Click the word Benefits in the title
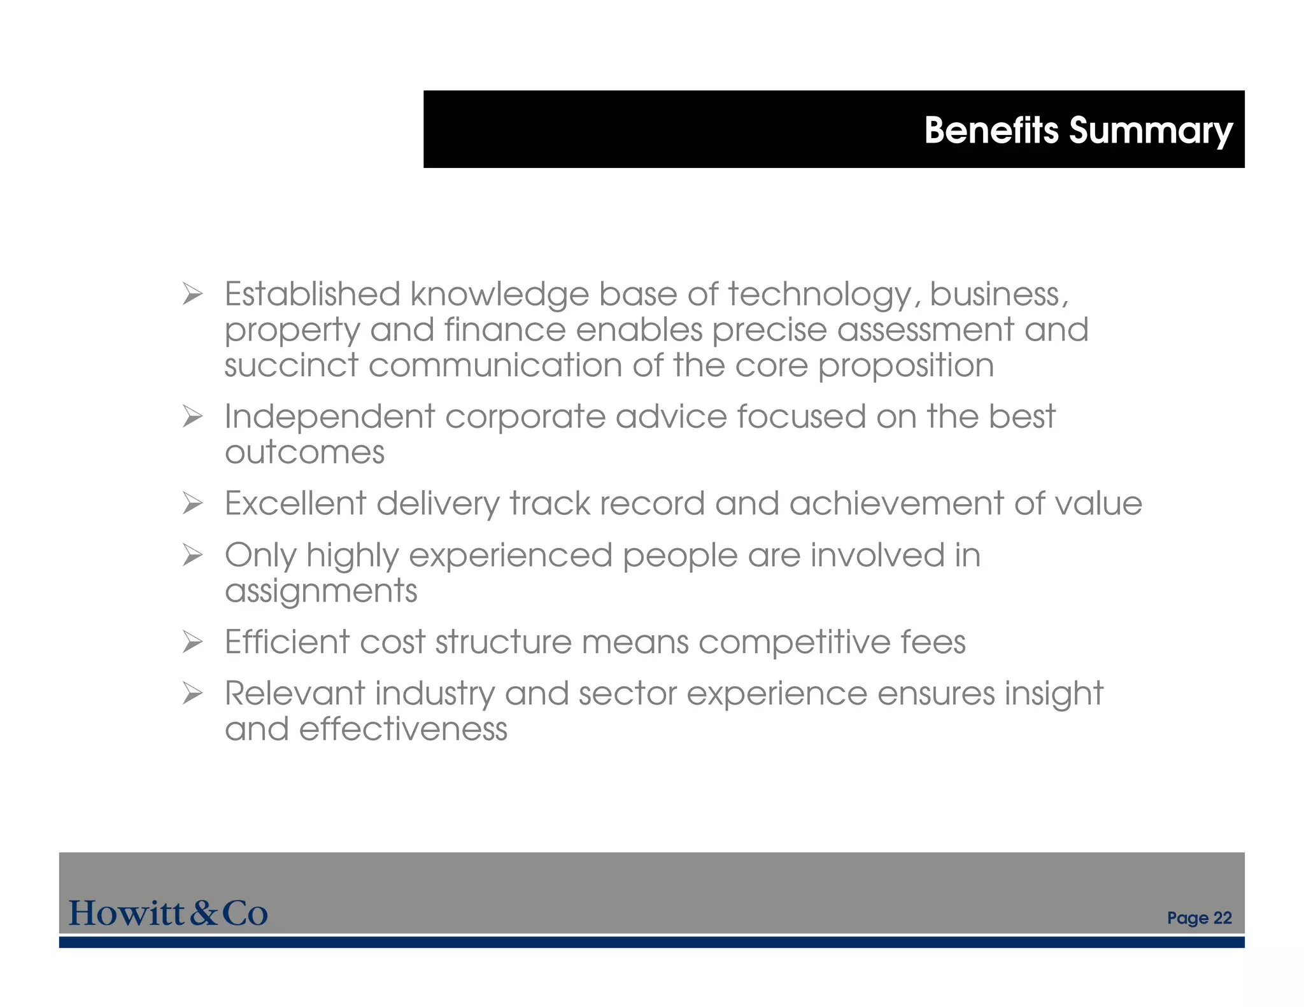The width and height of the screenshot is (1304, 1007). tap(991, 130)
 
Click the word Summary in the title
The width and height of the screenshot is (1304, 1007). tap(1151, 132)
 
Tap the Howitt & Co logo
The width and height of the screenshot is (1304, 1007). tap(168, 913)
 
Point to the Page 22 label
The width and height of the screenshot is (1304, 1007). tap(1199, 918)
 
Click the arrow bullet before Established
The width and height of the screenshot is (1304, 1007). tap(192, 294)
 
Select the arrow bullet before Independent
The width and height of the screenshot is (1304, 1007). tap(192, 417)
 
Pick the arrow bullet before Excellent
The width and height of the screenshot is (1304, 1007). tap(192, 504)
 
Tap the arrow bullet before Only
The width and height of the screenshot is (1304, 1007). tap(192, 556)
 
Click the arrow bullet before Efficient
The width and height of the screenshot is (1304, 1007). tap(192, 642)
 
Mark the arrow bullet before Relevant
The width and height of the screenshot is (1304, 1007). tap(192, 694)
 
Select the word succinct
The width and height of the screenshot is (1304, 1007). tap(292, 366)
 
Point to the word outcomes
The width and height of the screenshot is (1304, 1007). tap(304, 453)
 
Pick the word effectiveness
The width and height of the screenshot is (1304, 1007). tap(403, 729)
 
